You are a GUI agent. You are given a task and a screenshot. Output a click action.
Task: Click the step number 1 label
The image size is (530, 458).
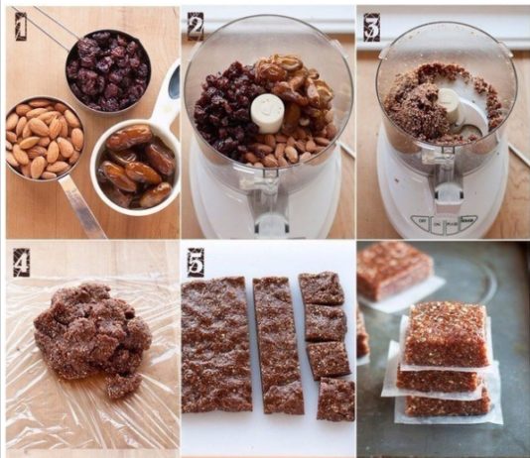coord(21,26)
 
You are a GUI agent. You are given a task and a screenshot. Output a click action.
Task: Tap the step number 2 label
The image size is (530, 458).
coord(196,27)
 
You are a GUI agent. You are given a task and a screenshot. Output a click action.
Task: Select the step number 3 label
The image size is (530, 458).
coord(372,28)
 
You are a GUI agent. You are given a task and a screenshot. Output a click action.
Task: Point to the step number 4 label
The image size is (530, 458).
coord(21,263)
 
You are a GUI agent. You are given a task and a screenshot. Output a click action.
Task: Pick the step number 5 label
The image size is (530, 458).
coord(196,263)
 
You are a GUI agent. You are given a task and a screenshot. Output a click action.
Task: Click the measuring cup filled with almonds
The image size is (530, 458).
coord(45,138)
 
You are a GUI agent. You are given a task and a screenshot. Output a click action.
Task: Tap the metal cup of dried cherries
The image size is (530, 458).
coord(108,69)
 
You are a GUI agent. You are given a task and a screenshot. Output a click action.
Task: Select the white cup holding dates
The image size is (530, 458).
coord(135,167)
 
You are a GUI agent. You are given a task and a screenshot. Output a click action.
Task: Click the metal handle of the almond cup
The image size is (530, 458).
coord(81,207)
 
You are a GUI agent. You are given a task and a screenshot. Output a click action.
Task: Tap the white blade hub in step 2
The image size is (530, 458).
coord(267,113)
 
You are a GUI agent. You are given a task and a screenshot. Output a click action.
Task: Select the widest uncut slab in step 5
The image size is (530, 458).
coord(216,344)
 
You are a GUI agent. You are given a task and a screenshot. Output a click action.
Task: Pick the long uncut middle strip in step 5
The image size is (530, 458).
coord(278,344)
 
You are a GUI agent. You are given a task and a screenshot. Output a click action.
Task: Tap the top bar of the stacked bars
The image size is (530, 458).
coord(447,334)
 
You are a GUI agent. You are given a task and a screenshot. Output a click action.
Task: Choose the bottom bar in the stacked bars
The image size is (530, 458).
coord(448,404)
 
